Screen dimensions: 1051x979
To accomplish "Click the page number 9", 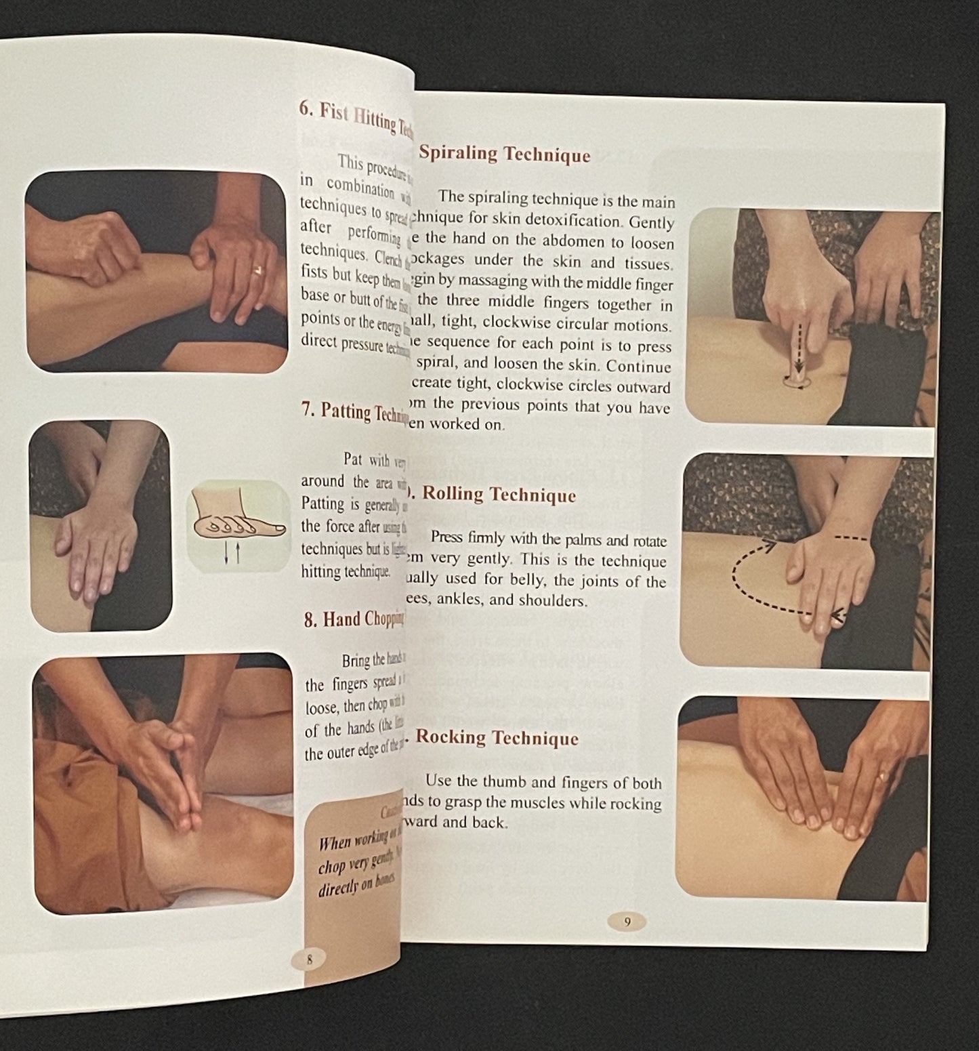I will (627, 922).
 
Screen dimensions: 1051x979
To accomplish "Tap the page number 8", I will (309, 960).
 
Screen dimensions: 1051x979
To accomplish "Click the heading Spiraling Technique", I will (504, 154).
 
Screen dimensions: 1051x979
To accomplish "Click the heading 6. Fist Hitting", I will (355, 118).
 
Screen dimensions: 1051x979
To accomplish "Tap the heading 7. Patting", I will (355, 413).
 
